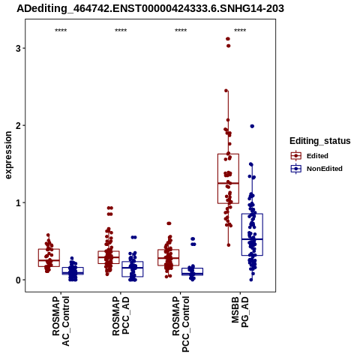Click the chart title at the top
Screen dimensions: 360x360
150,9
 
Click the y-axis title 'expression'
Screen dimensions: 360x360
8,155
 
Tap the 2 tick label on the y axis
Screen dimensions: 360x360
18,125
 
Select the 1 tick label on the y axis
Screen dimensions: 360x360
18,202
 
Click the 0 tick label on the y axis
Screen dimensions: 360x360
18,280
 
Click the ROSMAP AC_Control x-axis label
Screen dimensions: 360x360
61,321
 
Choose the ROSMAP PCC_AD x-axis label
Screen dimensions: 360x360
121,316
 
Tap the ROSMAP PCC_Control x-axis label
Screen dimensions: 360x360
181,324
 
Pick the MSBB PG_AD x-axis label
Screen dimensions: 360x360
240,312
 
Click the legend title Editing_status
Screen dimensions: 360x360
320,141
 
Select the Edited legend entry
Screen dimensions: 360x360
309,156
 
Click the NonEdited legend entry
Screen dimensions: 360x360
316,169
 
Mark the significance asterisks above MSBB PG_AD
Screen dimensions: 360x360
240,31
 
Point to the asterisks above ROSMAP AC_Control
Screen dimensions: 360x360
61,31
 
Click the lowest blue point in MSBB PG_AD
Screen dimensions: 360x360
251,280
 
